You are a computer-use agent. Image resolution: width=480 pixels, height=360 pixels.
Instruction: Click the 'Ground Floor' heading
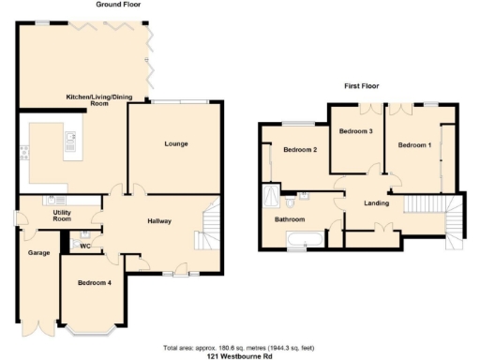point(118,5)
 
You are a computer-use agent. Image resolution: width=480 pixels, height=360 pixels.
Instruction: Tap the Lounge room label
point(176,143)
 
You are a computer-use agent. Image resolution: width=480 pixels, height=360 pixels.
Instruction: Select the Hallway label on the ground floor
point(158,220)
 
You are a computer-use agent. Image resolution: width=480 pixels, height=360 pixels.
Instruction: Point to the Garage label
point(38,253)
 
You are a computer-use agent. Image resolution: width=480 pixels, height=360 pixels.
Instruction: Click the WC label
point(83,247)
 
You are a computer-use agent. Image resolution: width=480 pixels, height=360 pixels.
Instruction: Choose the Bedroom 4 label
point(95,282)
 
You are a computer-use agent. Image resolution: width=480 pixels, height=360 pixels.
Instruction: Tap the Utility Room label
point(50,217)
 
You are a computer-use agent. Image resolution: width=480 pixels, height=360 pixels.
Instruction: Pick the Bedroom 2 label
point(301,150)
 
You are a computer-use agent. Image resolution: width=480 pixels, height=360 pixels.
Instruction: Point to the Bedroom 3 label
point(356,131)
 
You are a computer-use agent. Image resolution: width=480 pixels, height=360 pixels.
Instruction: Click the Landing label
point(377,202)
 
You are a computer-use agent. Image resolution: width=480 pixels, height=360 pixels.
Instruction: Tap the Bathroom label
point(289,220)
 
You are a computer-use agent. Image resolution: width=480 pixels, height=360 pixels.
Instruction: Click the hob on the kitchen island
point(70,142)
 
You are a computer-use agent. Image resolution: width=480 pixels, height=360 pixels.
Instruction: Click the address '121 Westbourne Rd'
point(239,354)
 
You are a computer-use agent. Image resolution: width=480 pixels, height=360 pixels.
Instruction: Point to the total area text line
point(239,345)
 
